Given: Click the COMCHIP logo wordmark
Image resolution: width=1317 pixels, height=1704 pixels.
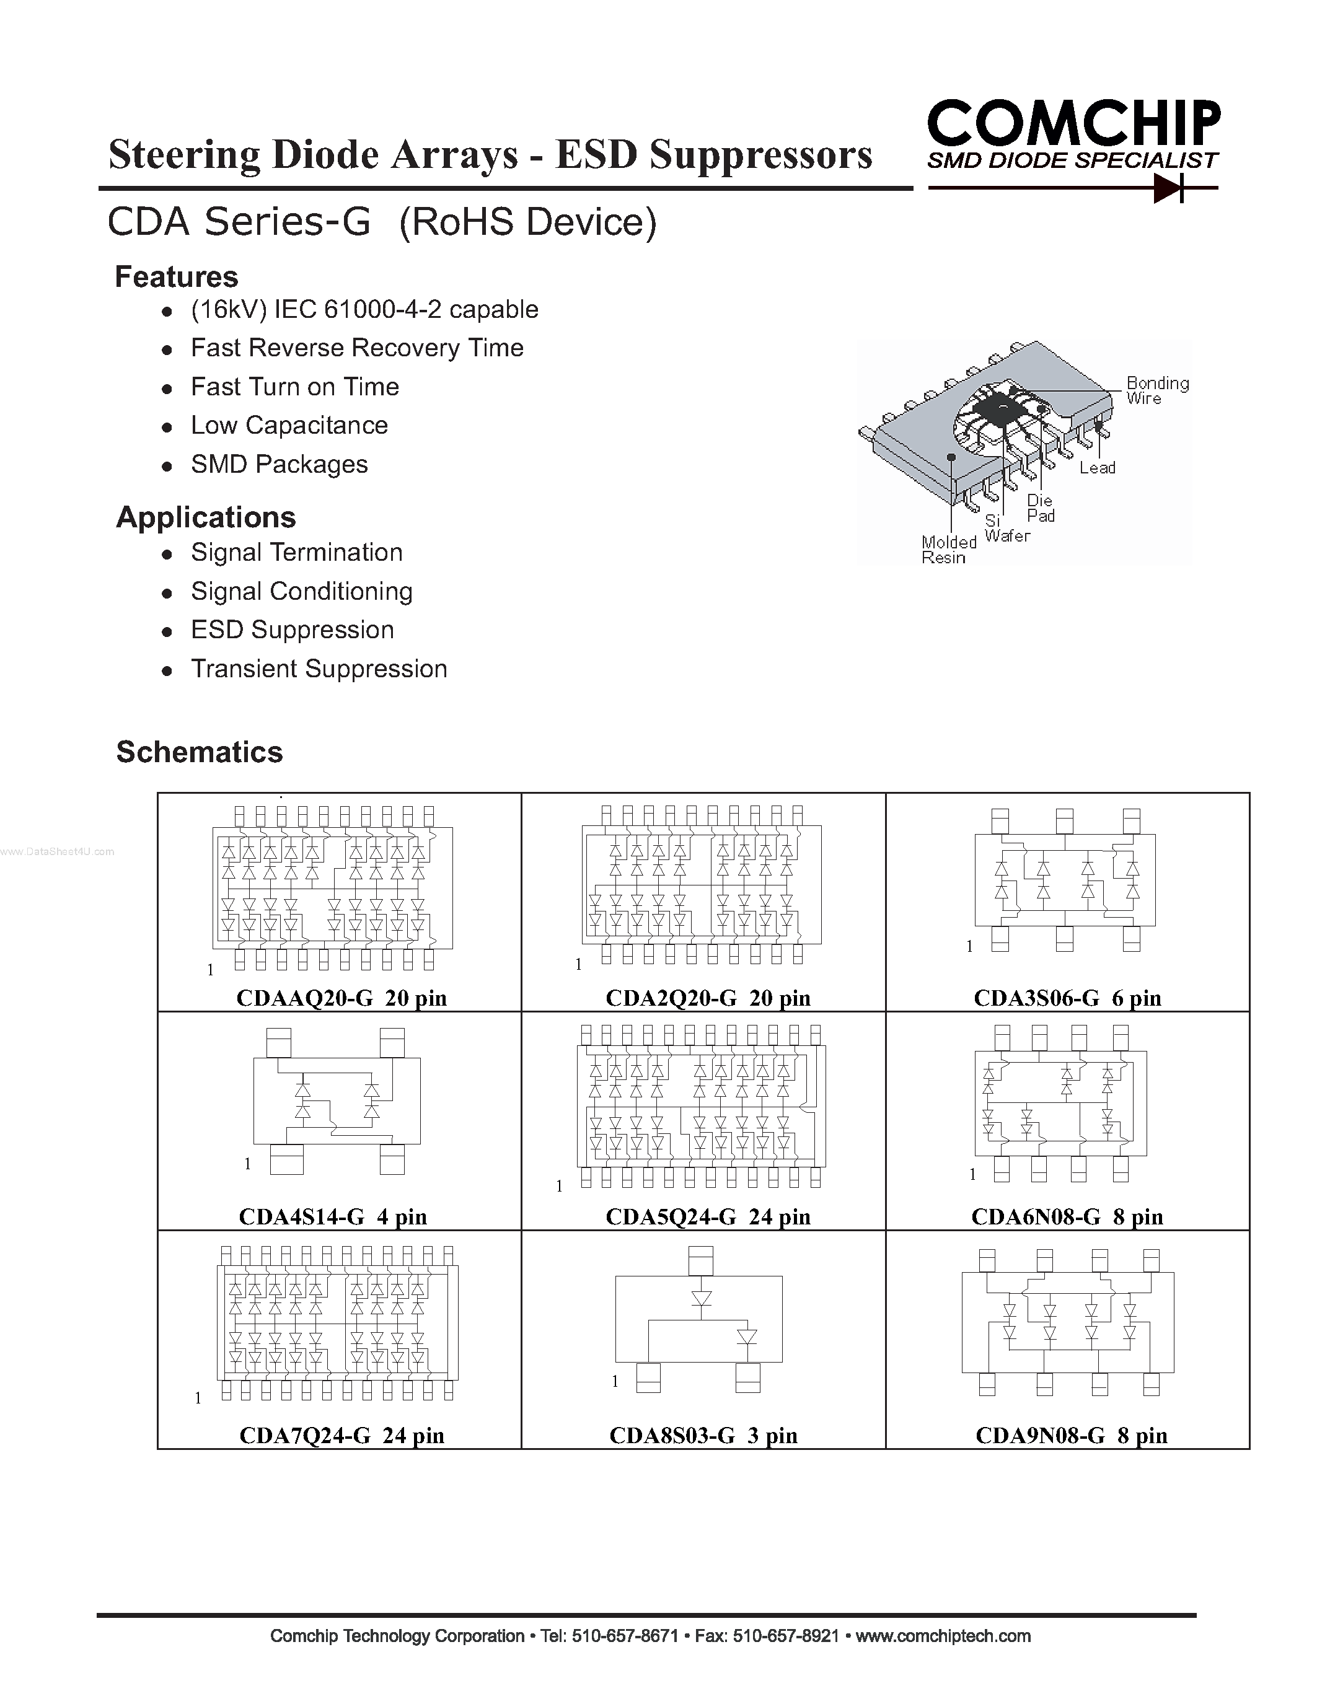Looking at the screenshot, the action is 1073,123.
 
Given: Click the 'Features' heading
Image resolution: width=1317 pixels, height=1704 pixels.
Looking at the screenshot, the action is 177,277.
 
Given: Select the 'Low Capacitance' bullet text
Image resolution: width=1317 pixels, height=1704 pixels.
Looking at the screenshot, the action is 289,425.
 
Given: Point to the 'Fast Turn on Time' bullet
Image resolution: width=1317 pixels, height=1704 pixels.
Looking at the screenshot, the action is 295,387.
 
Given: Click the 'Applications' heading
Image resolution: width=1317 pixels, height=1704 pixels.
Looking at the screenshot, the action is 206,517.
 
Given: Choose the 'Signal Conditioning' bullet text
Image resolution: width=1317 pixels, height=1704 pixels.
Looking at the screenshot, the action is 301,591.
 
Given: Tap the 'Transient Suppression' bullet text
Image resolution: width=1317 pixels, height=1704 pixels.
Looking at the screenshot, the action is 319,669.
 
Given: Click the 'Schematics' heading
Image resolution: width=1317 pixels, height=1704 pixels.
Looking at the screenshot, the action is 200,752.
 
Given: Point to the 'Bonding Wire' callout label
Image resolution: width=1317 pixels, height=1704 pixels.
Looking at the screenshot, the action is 1156,390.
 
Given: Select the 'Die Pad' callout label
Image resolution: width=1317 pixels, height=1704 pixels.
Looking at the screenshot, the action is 1040,508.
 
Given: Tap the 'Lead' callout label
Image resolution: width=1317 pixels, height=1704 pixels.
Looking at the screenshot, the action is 1097,467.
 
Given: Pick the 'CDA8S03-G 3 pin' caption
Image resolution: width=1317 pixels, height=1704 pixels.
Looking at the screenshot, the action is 703,1435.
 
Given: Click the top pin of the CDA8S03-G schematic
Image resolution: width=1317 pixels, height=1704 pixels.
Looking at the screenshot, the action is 700,1260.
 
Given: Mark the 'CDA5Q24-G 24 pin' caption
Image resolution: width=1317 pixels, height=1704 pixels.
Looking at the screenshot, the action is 708,1216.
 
